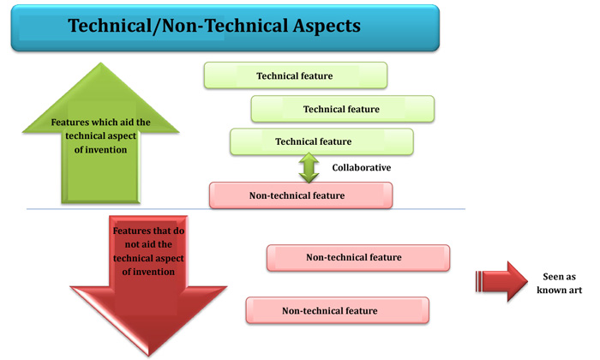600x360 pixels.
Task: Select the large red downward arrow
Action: tap(148, 283)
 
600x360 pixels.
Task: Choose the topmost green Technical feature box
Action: tap(295, 75)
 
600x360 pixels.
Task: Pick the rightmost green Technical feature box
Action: tap(342, 109)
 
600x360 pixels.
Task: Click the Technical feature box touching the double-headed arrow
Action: tap(321, 141)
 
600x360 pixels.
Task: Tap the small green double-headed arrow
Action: tap(309, 168)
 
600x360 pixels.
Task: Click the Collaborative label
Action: tap(362, 168)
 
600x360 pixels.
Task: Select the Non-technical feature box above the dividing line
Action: tap(301, 195)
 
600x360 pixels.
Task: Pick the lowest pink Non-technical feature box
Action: tap(337, 310)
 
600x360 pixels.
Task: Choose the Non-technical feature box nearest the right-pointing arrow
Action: tap(357, 257)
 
